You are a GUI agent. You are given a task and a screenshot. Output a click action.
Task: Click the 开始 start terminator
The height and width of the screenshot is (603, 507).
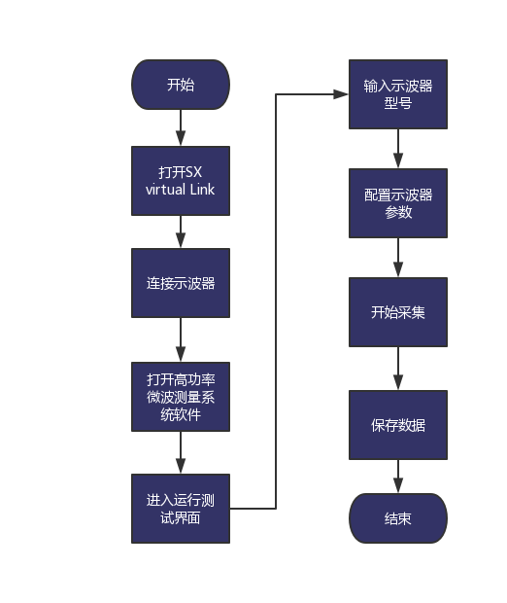[x=181, y=85]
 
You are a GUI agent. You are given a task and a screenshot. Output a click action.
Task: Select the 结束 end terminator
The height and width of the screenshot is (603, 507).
[x=398, y=518]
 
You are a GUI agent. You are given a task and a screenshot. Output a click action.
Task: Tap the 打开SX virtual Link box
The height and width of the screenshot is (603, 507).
[x=181, y=181]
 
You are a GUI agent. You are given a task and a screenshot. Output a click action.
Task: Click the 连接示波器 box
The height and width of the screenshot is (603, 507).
[x=181, y=283]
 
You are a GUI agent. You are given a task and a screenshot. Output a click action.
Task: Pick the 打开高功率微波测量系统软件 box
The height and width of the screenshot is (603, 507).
[x=181, y=397]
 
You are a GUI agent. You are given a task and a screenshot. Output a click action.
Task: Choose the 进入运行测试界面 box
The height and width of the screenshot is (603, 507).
[x=181, y=509]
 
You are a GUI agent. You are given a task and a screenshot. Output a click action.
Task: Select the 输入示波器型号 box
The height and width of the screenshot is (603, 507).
[x=398, y=94]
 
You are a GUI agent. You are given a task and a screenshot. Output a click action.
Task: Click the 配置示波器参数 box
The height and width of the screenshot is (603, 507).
[x=398, y=203]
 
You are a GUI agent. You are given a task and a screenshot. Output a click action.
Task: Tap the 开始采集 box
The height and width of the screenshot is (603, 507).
[x=398, y=312]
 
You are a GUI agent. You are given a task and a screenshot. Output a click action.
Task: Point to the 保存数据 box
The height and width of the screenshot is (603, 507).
[x=398, y=425]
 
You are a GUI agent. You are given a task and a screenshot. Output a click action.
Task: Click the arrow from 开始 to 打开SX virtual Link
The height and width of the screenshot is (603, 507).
[x=181, y=127]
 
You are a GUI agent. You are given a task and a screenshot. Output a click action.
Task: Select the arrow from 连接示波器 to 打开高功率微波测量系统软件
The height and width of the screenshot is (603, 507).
[x=181, y=339]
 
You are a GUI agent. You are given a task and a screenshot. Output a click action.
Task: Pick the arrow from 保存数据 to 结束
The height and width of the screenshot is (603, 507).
[x=398, y=477]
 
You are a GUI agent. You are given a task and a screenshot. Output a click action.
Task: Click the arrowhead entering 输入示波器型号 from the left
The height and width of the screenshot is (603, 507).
[x=341, y=94]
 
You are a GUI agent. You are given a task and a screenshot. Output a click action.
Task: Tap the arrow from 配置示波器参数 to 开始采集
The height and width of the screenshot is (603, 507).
[x=398, y=258]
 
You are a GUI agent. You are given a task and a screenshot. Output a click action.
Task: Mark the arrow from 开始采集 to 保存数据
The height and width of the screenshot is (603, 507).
[x=398, y=369]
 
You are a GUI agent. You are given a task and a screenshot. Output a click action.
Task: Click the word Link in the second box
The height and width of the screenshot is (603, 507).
[x=202, y=190]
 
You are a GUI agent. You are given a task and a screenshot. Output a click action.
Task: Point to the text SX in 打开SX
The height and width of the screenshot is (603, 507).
[x=194, y=172]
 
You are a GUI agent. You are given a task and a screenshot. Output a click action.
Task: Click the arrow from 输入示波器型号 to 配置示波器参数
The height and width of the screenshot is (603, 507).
[x=398, y=149]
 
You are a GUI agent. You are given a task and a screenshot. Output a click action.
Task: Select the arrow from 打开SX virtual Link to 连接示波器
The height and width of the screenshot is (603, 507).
[x=181, y=231]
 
